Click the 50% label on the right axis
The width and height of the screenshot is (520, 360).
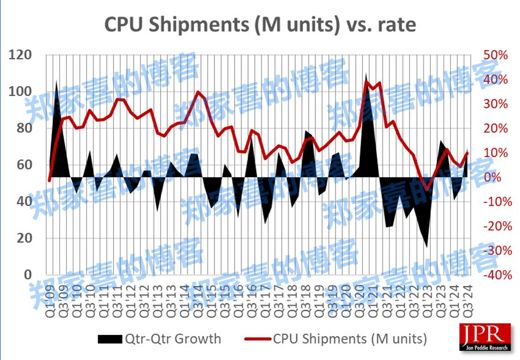[495, 55]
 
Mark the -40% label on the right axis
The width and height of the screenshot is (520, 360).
[495, 275]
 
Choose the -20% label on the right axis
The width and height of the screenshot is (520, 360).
[495, 226]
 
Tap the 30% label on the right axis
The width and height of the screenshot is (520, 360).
[495, 104]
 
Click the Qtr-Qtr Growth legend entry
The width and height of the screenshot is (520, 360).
[158, 338]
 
